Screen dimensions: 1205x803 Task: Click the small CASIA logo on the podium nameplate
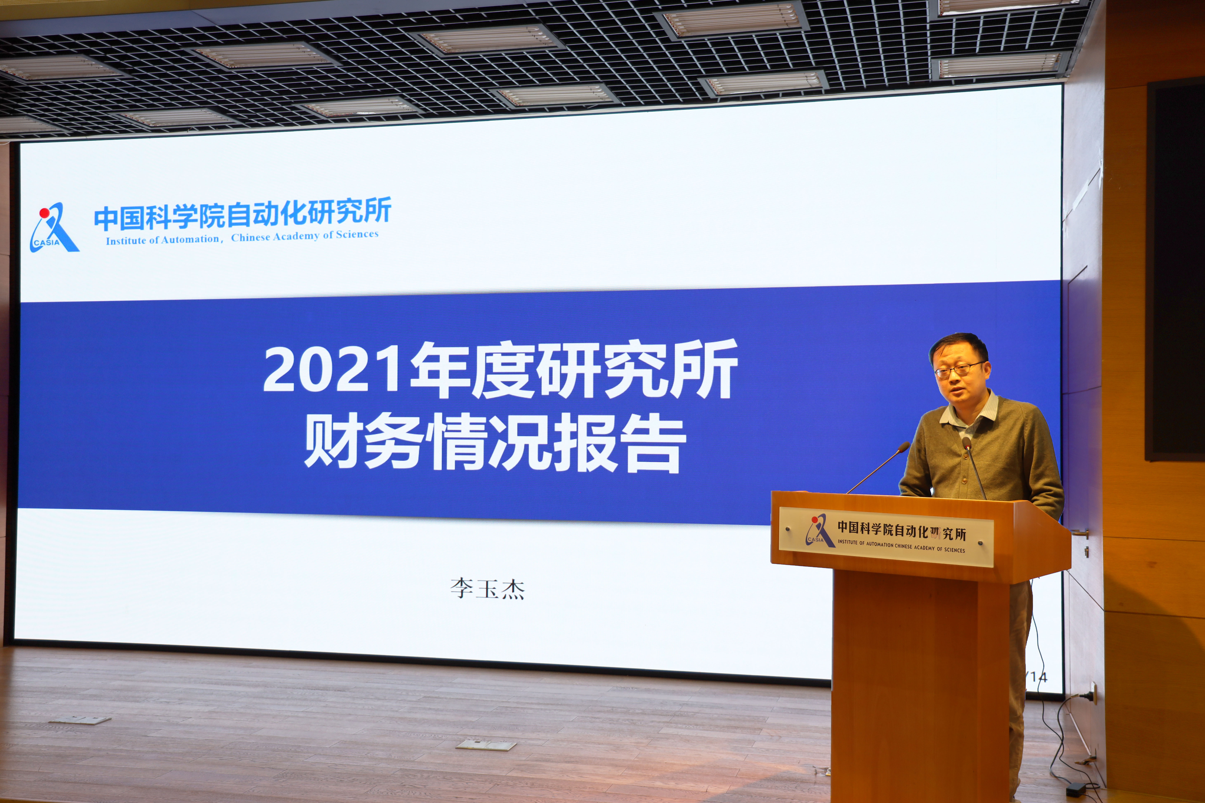819,531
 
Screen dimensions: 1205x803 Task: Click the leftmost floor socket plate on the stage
80,721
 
